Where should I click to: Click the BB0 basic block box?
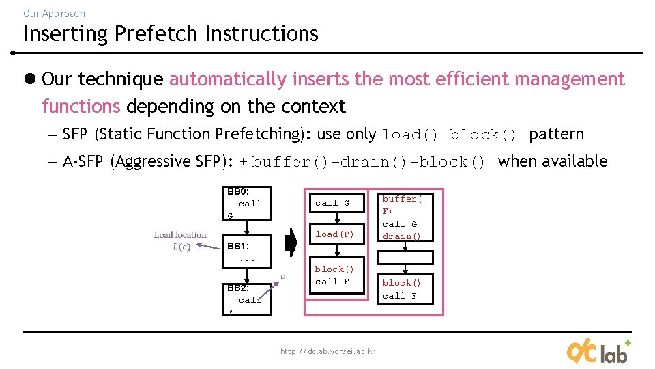[x=248, y=203]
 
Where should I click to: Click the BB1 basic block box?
[x=248, y=253]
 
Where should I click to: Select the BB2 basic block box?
[x=248, y=299]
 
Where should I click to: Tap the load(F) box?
[x=335, y=234]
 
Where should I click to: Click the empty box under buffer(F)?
[x=405, y=258]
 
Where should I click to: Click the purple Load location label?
[x=180, y=234]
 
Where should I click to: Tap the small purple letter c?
[x=283, y=276]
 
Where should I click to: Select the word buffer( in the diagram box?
[x=402, y=199]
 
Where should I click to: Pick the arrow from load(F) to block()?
[x=337, y=250]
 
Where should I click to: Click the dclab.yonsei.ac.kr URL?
[x=327, y=351]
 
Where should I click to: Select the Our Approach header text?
[x=54, y=13]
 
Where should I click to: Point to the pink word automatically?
[x=228, y=79]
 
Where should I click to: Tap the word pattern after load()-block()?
[x=556, y=134]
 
